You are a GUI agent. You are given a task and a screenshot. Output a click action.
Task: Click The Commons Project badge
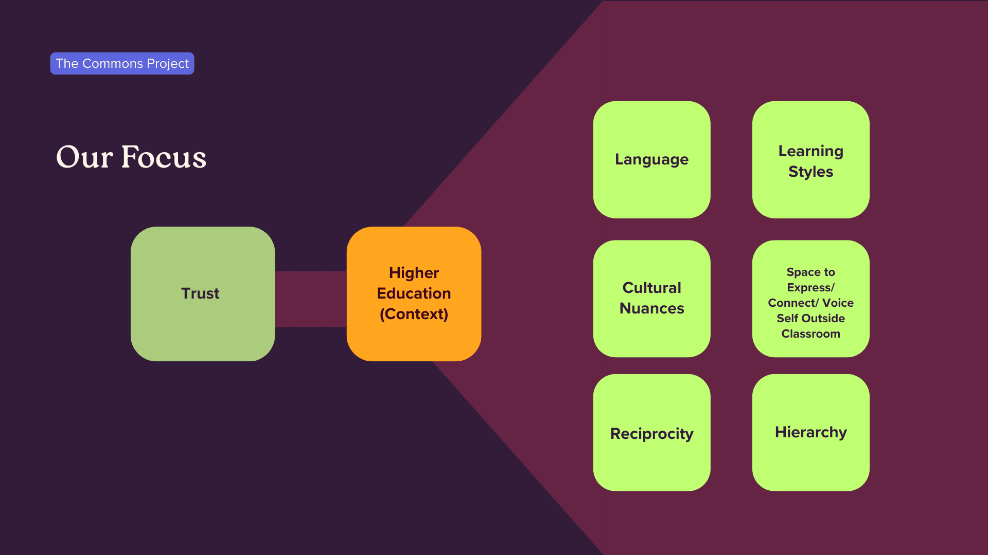122,63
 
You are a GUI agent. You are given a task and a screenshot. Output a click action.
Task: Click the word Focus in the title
164,157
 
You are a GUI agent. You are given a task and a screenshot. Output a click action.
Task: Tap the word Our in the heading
84,157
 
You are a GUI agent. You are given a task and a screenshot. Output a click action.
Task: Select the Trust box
202,293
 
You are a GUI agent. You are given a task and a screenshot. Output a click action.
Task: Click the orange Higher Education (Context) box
414,293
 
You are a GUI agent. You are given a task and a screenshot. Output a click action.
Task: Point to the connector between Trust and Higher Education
310,299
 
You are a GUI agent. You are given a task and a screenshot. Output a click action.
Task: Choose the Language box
651,159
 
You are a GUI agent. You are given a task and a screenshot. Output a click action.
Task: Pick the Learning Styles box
810,159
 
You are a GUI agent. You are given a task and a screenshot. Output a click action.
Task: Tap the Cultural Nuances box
651,298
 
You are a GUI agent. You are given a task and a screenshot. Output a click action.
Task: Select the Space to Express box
810,298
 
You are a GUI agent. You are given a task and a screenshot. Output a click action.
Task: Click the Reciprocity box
651,433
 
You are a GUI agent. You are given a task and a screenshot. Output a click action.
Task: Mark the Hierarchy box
810,432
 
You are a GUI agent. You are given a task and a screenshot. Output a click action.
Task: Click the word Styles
810,172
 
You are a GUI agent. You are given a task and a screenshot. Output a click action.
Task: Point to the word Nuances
651,308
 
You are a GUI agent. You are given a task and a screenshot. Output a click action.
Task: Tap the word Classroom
810,334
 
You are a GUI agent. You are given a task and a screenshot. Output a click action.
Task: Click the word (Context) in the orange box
414,314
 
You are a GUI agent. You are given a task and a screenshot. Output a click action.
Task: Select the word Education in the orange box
414,293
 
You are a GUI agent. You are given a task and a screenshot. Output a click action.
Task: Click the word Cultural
651,288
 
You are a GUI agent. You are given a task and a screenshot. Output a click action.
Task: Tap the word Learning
810,151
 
